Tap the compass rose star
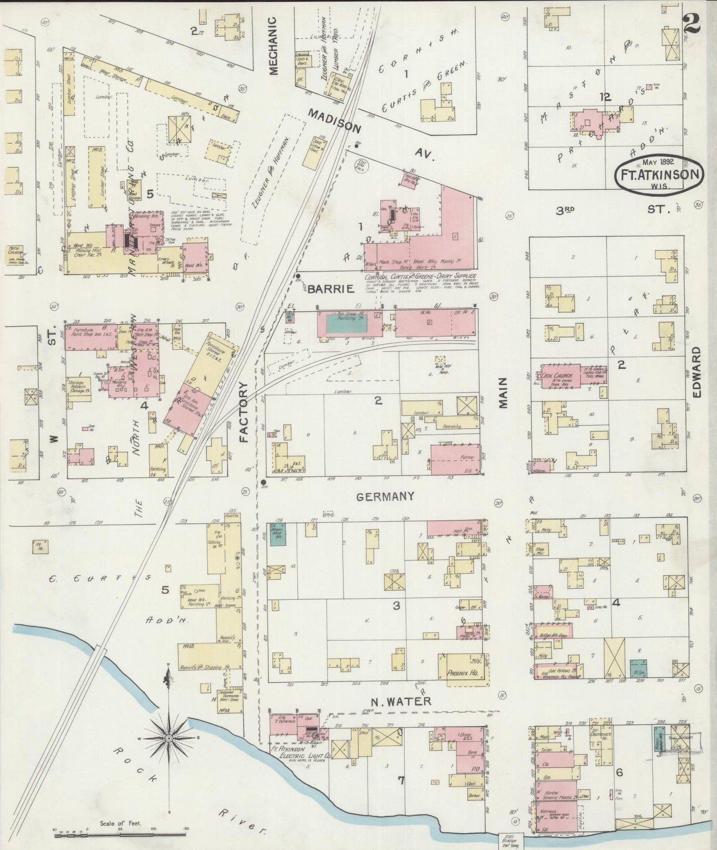click(x=169, y=738)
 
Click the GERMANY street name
click(x=385, y=496)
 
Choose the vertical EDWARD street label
click(x=697, y=371)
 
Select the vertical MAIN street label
click(x=503, y=392)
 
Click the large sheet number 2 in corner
click(x=692, y=23)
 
